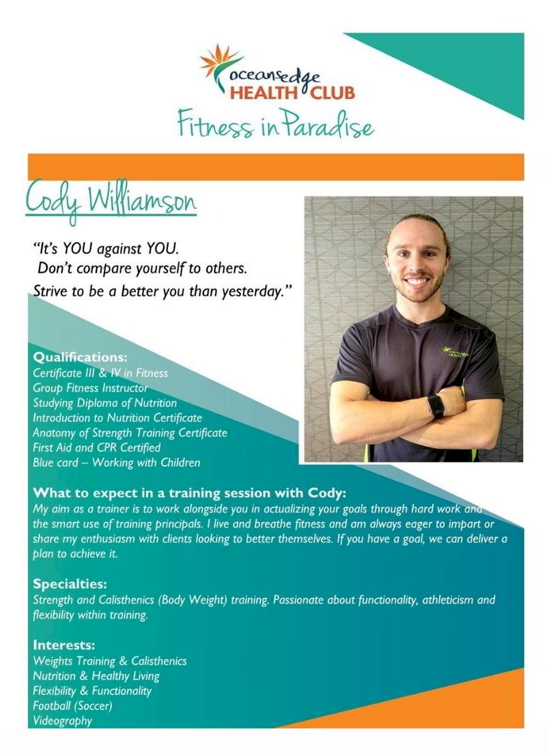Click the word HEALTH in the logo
point(264,92)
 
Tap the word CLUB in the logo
point(333,92)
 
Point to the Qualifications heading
point(81,357)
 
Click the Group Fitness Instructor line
point(90,387)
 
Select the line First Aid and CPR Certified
point(97,447)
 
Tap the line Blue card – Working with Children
point(116,462)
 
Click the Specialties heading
point(70,585)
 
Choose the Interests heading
point(64,645)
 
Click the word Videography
point(63,721)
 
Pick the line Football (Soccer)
point(72,706)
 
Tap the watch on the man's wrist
point(436,406)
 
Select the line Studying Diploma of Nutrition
point(104,403)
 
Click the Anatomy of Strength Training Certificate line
point(130,432)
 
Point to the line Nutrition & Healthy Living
point(96,676)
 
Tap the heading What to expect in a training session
point(189,493)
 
